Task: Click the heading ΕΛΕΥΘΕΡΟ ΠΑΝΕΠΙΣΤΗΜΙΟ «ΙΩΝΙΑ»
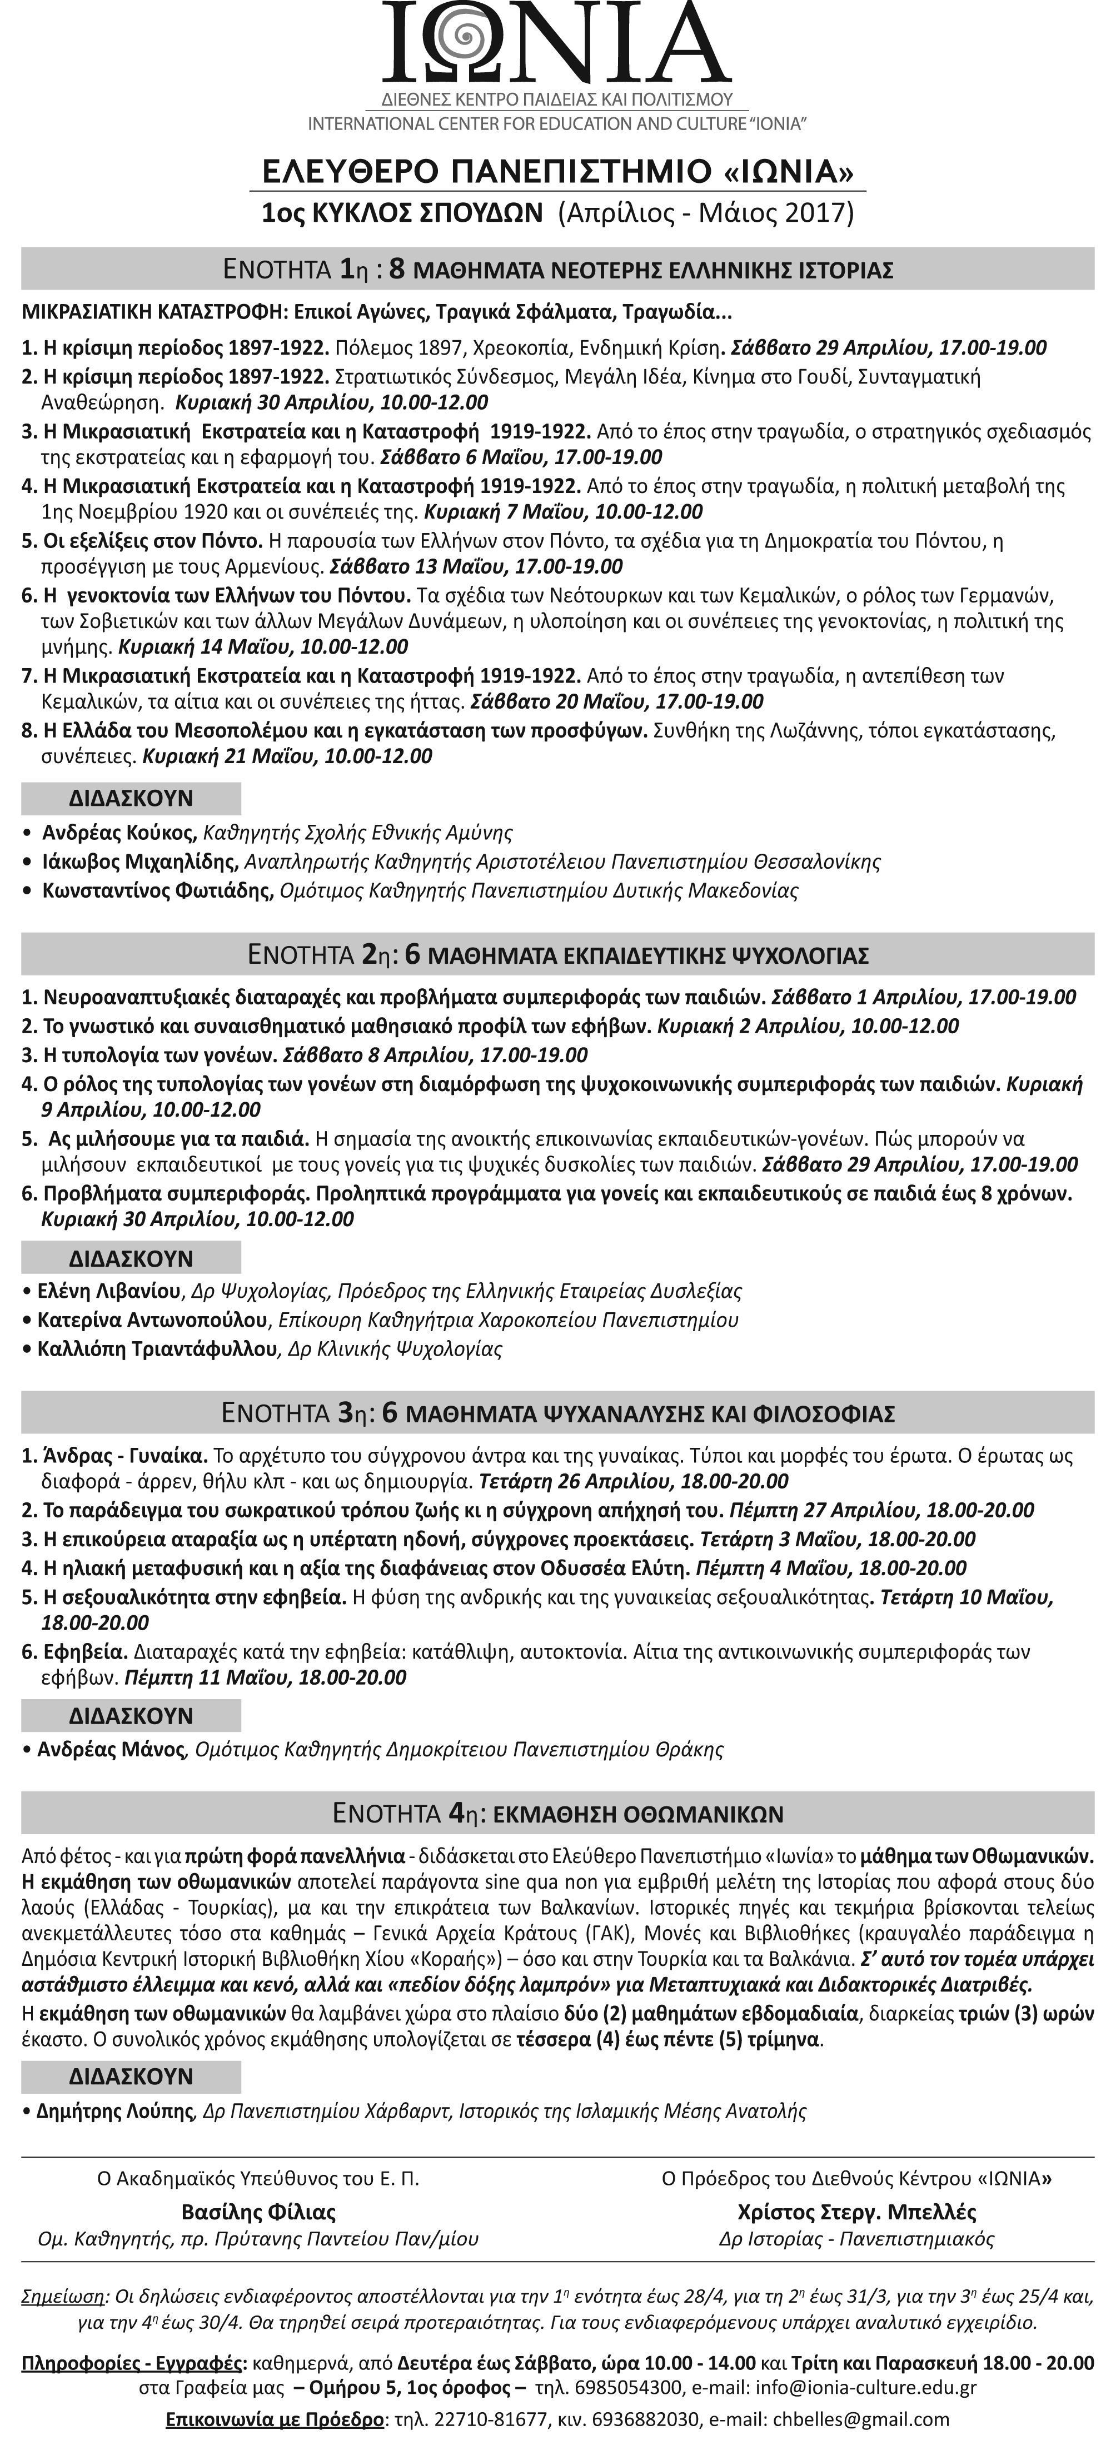coord(558,171)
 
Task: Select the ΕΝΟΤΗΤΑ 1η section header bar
coord(558,269)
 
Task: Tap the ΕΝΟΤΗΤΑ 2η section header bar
coord(558,954)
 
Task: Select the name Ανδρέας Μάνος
coord(111,1749)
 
